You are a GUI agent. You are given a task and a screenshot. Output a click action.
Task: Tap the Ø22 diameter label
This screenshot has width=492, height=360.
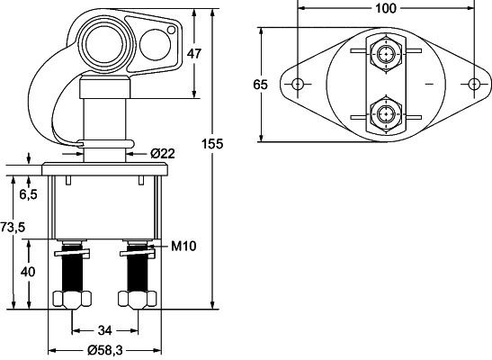pyautogui.click(x=162, y=153)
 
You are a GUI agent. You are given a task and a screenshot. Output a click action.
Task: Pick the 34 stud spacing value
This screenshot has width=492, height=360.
pyautogui.click(x=105, y=329)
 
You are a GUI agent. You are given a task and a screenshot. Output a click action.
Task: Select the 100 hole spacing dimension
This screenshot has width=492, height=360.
pyautogui.click(x=386, y=10)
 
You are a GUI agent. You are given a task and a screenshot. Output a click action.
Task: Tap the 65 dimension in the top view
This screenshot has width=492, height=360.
pyautogui.click(x=261, y=85)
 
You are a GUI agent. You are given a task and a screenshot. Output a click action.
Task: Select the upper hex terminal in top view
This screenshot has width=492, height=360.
pyautogui.click(x=387, y=56)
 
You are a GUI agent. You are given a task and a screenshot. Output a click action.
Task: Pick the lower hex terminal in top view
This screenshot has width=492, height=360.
pyautogui.click(x=387, y=113)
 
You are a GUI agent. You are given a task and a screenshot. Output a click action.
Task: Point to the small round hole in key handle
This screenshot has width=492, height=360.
pyautogui.click(x=154, y=41)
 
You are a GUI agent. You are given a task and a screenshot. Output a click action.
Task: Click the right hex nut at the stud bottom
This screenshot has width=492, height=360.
pyautogui.click(x=137, y=300)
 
